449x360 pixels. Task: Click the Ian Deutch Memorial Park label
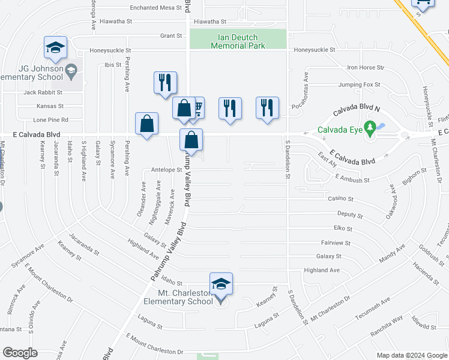pos(238,41)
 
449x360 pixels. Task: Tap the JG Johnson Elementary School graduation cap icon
pos(55,48)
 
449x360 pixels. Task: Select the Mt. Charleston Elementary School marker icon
pos(221,284)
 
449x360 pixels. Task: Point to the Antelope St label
pos(167,170)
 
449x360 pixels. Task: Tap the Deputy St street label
pos(350,214)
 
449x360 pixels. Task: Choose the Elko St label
pos(342,229)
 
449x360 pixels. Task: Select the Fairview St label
pos(336,243)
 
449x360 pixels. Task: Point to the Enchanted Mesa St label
pos(156,8)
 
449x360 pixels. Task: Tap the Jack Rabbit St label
pos(43,92)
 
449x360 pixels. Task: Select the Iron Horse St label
pos(365,68)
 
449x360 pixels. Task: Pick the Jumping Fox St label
pos(359,85)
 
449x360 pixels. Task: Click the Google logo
pos(20,353)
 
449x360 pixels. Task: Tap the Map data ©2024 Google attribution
pos(411,355)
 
